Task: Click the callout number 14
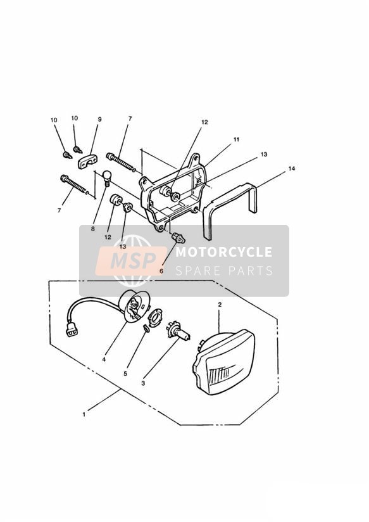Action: point(292,169)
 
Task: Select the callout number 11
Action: point(236,139)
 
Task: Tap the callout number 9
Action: point(99,119)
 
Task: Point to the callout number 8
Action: point(93,229)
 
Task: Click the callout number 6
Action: point(161,271)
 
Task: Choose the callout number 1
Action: point(84,414)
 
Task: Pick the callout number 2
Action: point(220,304)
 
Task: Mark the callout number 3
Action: point(143,383)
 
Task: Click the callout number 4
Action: point(104,360)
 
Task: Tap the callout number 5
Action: point(125,374)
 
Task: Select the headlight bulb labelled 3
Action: point(178,331)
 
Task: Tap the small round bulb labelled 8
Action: point(106,178)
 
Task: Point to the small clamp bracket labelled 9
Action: point(87,162)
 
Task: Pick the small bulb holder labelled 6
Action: point(178,238)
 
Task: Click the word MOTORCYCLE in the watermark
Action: point(224,252)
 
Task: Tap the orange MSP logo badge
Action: point(131,261)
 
